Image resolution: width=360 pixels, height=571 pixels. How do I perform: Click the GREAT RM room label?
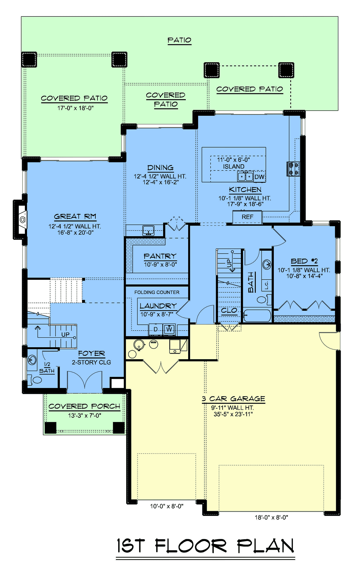click(75, 216)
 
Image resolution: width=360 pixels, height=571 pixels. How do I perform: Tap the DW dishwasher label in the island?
click(259, 177)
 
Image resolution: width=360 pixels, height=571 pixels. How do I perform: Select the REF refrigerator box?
click(247, 217)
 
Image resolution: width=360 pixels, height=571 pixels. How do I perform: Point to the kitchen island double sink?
click(245, 176)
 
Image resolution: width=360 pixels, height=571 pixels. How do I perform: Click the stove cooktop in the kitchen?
click(293, 169)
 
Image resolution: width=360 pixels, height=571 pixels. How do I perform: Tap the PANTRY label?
click(160, 256)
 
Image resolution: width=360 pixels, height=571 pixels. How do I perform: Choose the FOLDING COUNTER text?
click(157, 292)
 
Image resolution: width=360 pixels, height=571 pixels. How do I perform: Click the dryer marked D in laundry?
click(156, 330)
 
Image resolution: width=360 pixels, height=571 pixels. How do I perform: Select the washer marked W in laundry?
click(169, 330)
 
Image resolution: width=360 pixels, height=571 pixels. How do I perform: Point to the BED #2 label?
click(304, 261)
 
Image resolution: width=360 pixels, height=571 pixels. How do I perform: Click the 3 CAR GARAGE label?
click(233, 399)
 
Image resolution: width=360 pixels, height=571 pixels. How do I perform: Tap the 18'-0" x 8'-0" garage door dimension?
click(271, 517)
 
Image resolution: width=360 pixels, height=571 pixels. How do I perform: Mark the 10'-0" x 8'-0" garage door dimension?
click(167, 506)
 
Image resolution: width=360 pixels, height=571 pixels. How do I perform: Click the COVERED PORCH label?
click(84, 406)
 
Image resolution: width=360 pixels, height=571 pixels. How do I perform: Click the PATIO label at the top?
click(179, 40)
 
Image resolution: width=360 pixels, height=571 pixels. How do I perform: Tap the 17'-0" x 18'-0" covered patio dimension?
click(76, 108)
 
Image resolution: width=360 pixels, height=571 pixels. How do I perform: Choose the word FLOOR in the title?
click(191, 546)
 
